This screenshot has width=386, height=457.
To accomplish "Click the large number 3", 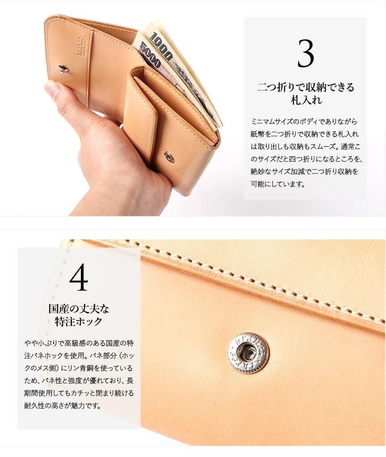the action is point(306,54).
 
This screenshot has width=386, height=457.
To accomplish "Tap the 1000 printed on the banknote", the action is point(161,46).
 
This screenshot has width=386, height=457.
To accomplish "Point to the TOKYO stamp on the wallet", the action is point(82,47).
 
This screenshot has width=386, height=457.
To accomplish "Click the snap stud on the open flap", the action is point(63,68).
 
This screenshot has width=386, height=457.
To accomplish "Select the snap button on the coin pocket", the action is point(169,156).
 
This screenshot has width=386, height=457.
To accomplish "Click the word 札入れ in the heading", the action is point(306,100).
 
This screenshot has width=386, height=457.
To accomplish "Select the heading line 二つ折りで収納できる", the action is point(306,87).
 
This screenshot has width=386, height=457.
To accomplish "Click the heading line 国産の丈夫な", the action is point(79,309).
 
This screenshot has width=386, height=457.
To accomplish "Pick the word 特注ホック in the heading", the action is point(79,321).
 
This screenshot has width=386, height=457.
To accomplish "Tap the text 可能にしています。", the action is point(278,184).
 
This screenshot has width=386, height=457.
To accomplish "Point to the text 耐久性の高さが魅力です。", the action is point(62,405).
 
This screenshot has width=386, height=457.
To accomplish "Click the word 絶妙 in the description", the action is point(257,171).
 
